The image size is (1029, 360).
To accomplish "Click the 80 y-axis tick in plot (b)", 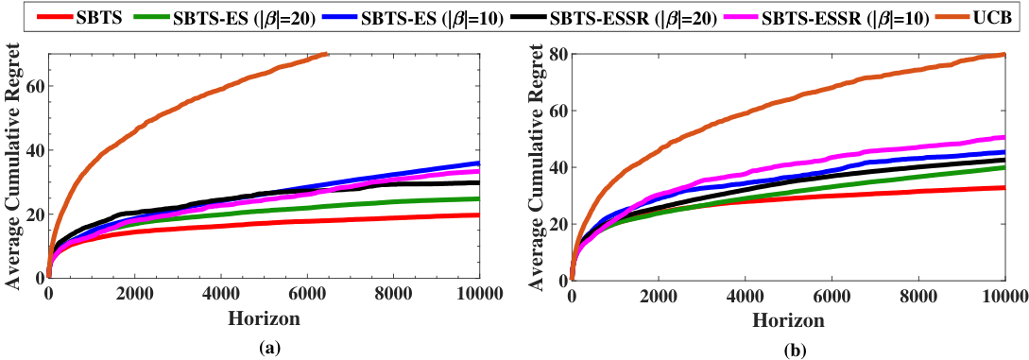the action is [557, 54].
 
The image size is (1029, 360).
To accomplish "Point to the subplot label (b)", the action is [788, 351].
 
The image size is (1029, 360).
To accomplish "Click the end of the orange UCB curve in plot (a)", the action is [326, 54].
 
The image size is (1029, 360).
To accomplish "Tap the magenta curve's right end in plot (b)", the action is [1005, 137].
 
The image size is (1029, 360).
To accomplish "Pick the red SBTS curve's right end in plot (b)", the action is [1005, 187].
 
